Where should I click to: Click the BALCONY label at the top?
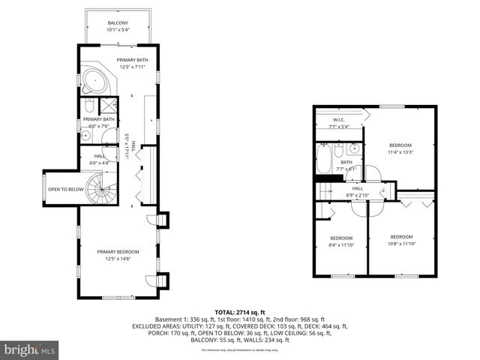pyautogui.click(x=118, y=23)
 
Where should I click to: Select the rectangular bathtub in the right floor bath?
pyautogui.click(x=323, y=160)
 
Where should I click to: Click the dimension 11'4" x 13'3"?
pyautogui.click(x=401, y=152)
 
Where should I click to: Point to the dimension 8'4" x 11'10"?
pyautogui.click(x=341, y=244)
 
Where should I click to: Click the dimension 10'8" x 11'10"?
pyautogui.click(x=401, y=242)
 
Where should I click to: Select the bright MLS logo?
pyautogui.click(x=30, y=349)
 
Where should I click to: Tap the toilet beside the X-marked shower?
pyautogui.click(x=87, y=103)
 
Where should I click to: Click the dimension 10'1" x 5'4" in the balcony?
pyautogui.click(x=118, y=31)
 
